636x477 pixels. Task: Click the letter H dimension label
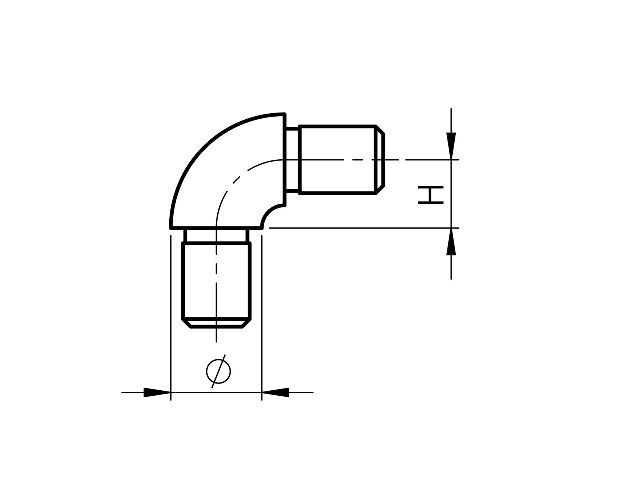(x=430, y=195)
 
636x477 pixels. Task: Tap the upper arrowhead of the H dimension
(x=451, y=146)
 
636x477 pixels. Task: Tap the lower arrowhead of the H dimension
(x=451, y=242)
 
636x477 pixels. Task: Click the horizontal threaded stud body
(x=337, y=174)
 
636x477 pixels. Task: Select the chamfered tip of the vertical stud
(x=216, y=324)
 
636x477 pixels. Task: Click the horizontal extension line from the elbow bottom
(x=360, y=228)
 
